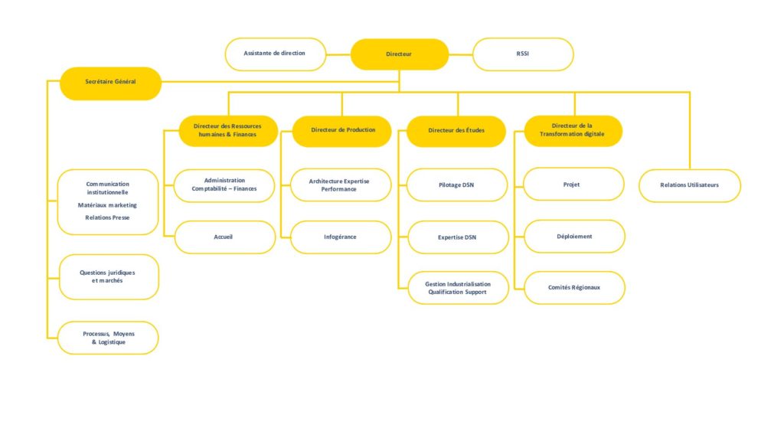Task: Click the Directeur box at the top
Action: (x=400, y=54)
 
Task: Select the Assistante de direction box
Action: (x=276, y=54)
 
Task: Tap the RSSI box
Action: (x=523, y=54)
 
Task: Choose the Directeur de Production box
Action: (x=342, y=132)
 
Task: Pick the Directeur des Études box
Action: (x=456, y=132)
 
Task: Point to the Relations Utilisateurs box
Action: (x=690, y=185)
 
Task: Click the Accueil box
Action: (x=225, y=237)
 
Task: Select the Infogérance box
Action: (x=341, y=237)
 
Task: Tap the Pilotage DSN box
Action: (x=457, y=185)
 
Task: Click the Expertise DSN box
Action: (x=458, y=237)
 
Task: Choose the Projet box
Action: (x=573, y=184)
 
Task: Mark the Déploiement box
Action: (x=574, y=236)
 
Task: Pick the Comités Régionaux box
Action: (x=574, y=288)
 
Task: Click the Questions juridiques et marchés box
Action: (x=109, y=277)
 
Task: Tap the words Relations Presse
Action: (x=107, y=217)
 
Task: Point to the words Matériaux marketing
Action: (x=107, y=205)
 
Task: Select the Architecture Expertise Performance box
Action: (x=341, y=185)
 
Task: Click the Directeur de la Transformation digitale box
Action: (x=573, y=131)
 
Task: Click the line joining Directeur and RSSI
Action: (x=460, y=54)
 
